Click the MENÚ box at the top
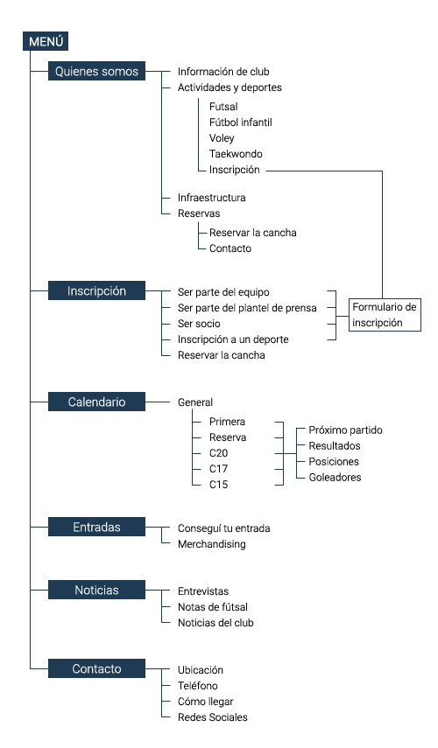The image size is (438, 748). (46, 41)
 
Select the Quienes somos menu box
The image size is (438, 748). (96, 72)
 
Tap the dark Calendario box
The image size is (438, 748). (96, 402)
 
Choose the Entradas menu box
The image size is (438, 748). (96, 527)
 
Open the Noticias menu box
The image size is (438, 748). (96, 591)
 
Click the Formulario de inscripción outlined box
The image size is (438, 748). (385, 314)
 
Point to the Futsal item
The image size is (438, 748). (224, 106)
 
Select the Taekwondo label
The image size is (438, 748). (236, 154)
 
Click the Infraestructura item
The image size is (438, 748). (211, 198)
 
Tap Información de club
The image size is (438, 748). (223, 72)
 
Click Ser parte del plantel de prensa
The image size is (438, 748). (246, 307)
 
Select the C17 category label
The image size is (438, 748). (219, 468)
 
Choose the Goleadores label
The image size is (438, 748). (335, 478)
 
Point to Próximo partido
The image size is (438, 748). (346, 430)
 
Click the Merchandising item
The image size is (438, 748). (211, 544)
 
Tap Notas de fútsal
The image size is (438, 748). (213, 607)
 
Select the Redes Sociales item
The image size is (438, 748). (212, 717)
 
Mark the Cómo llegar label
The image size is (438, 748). (206, 702)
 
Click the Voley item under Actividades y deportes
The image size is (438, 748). (222, 138)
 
